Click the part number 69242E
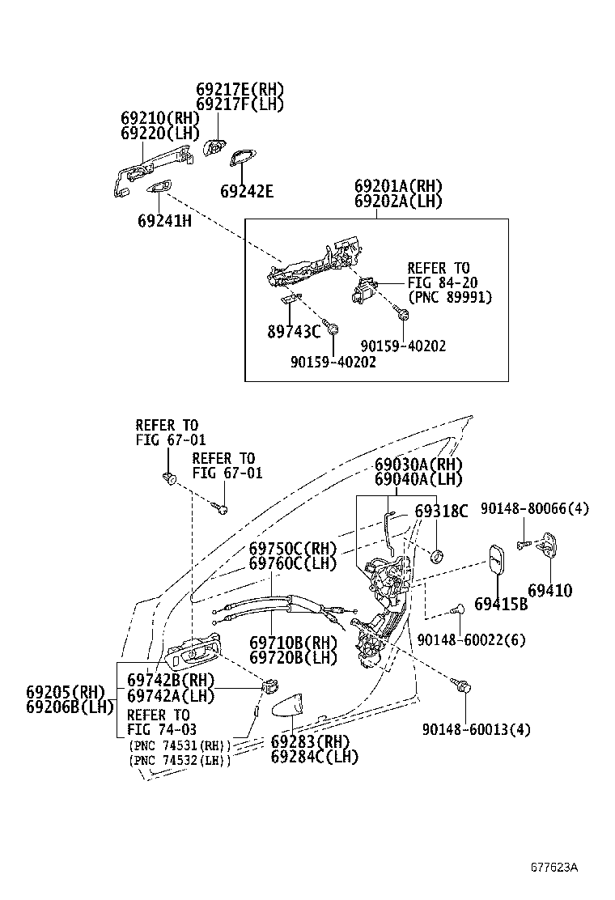247,192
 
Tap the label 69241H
164,219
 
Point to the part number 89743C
293,330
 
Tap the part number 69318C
441,512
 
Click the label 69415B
500,604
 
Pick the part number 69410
549,591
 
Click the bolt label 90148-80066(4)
534,508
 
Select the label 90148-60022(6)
471,639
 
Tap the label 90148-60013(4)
477,729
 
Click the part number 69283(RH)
309,741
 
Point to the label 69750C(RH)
291,548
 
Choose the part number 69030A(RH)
418,465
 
